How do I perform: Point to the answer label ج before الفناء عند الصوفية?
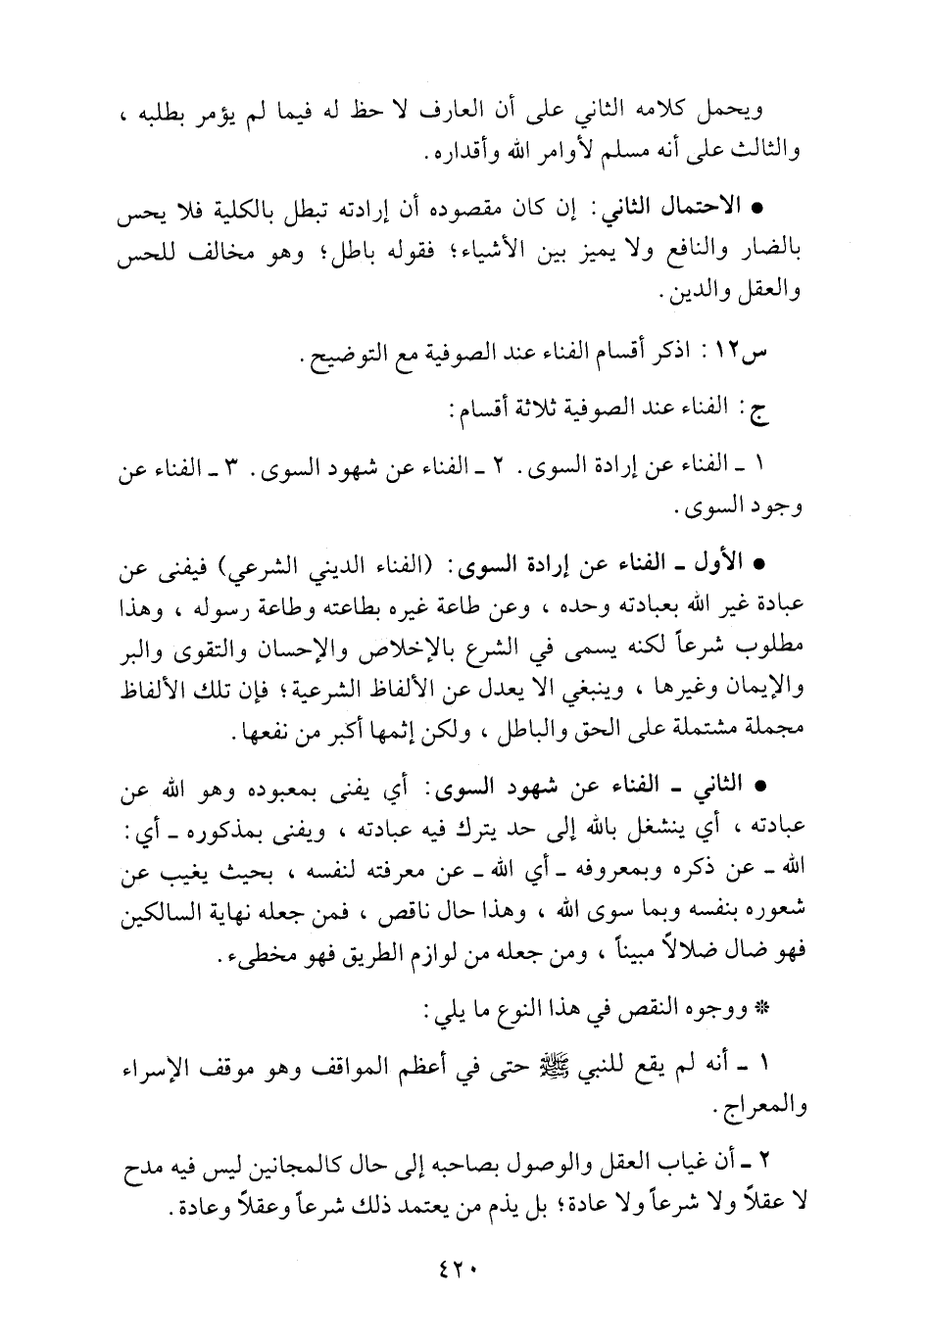(762, 411)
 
